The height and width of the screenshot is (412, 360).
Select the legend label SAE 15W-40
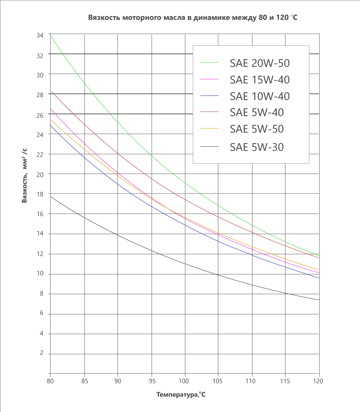(x=259, y=79)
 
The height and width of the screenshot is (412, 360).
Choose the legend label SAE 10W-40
(x=259, y=96)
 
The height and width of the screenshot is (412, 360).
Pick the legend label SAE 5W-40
(x=257, y=112)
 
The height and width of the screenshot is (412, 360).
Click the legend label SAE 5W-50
(x=257, y=129)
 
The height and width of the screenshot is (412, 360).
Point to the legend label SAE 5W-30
(x=257, y=147)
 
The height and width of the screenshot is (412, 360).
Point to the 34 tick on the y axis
(x=40, y=35)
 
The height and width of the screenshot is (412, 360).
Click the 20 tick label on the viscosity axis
(x=40, y=174)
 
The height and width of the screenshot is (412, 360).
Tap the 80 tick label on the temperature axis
(x=50, y=381)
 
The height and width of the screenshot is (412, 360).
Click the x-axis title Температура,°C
(x=181, y=395)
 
